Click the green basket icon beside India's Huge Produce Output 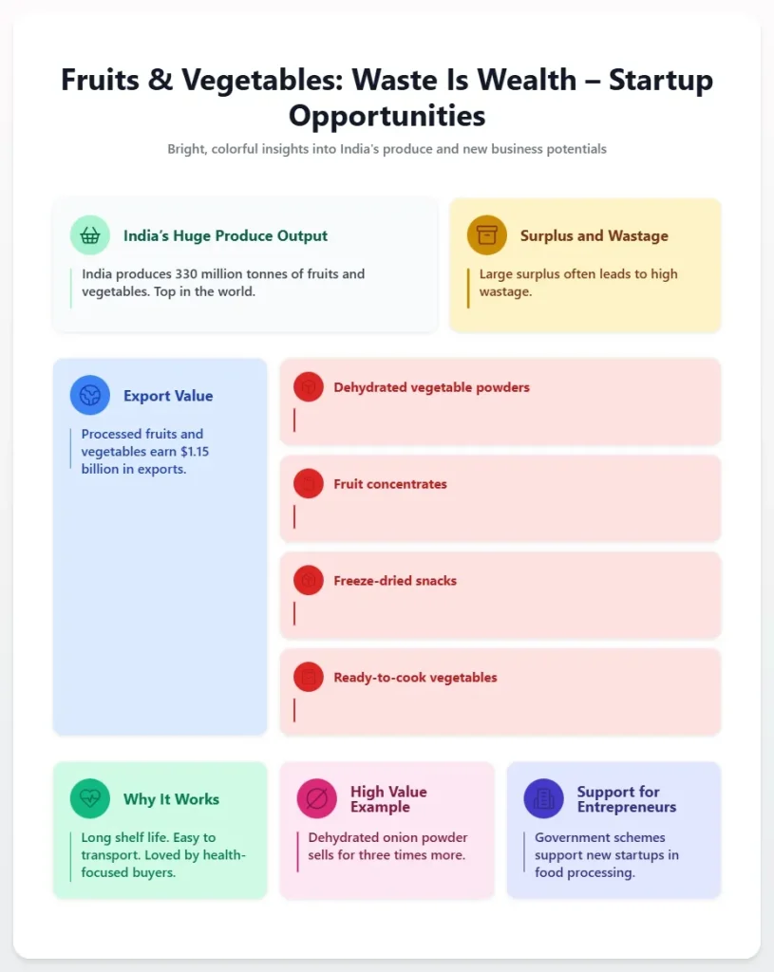(x=90, y=235)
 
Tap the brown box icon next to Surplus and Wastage (x=487, y=235)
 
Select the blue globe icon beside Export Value (x=90, y=396)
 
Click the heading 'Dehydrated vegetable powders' (x=431, y=387)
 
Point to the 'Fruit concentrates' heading (x=390, y=484)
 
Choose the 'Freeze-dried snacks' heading (x=395, y=581)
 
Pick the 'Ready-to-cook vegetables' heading (x=415, y=678)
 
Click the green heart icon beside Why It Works (x=90, y=798)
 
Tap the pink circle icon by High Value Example (x=317, y=798)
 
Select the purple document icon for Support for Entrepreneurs (x=544, y=798)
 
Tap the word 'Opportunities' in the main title (x=387, y=116)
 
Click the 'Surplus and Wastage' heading (x=594, y=235)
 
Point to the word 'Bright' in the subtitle (x=187, y=149)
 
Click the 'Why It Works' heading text (x=171, y=799)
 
